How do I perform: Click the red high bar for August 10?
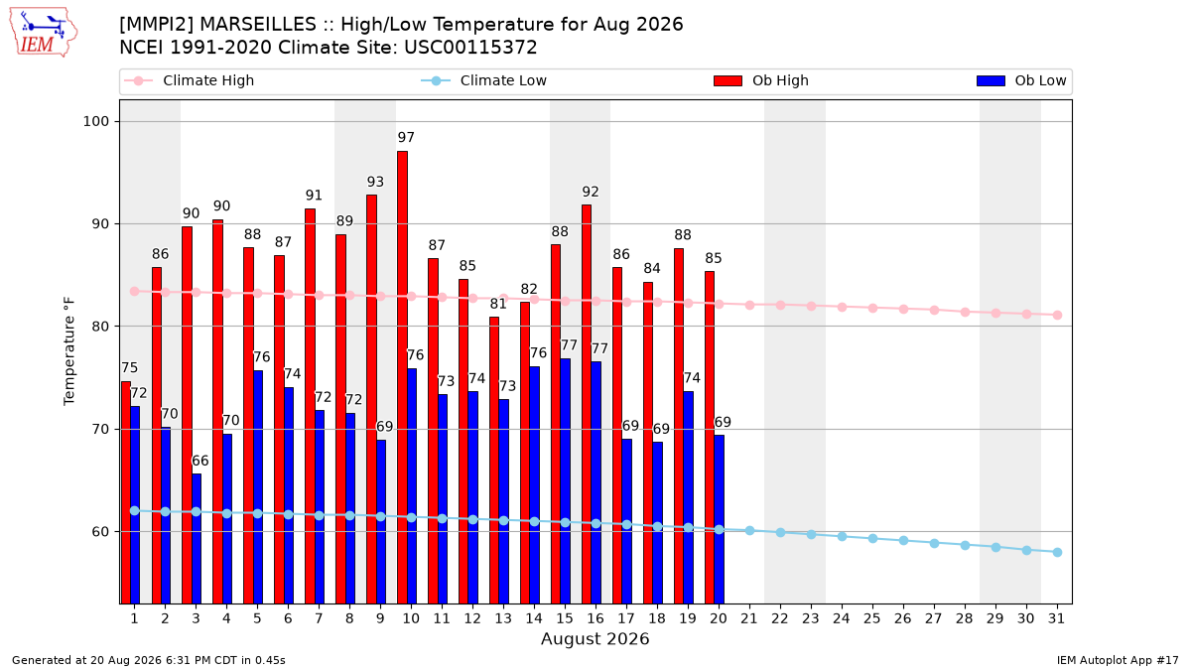(403, 377)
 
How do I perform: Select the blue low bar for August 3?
(197, 539)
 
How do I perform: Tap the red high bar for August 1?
(126, 492)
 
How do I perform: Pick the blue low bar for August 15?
(565, 481)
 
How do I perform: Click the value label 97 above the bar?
(406, 137)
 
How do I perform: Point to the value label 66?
(199, 461)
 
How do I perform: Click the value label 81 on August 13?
(498, 304)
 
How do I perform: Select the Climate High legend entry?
(189, 80)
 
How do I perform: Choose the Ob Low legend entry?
(1021, 80)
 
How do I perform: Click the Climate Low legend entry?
(484, 80)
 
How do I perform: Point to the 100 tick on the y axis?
(95, 121)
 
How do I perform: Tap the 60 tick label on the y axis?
(100, 532)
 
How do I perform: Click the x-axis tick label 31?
(1056, 619)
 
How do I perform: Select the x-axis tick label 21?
(749, 619)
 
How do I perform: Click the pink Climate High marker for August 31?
(1058, 316)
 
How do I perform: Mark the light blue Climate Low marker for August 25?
(872, 539)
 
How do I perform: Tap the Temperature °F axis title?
(69, 351)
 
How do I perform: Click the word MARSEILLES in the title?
(264, 25)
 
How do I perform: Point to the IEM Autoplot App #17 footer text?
(1118, 660)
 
